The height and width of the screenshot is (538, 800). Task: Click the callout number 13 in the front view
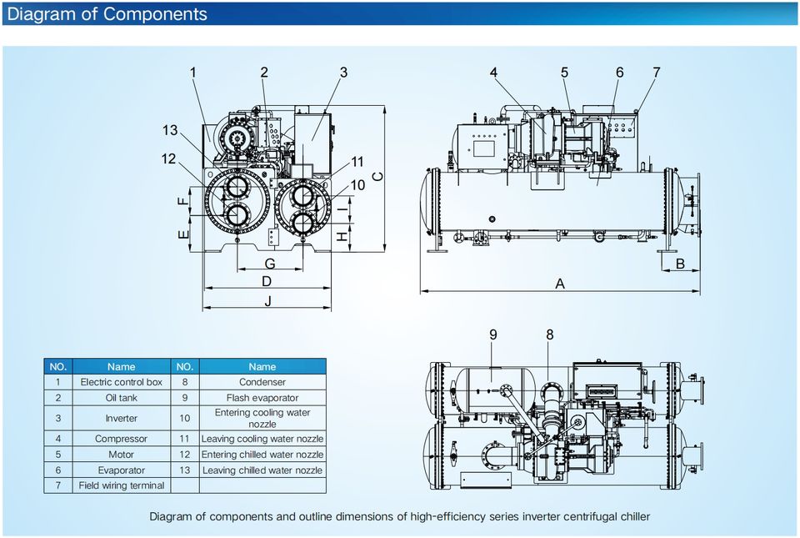(170, 130)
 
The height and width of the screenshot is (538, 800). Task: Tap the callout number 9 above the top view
(493, 334)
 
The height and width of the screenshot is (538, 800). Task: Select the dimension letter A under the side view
(560, 284)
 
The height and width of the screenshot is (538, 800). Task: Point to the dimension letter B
(680, 264)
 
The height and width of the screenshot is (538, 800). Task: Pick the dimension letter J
(267, 301)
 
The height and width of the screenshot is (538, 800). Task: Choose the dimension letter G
(270, 264)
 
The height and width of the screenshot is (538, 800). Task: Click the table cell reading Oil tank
(121, 398)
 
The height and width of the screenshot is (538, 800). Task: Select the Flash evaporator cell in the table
(262, 398)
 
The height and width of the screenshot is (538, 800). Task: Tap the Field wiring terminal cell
(121, 485)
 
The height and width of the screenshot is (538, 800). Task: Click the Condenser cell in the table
(262, 382)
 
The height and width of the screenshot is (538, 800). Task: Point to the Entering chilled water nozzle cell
(262, 455)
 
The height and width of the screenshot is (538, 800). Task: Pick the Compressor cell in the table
(121, 439)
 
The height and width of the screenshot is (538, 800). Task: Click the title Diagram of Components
(107, 14)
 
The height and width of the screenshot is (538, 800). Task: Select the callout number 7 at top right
(657, 73)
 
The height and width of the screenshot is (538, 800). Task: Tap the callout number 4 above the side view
(493, 73)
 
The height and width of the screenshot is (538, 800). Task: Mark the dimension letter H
(341, 237)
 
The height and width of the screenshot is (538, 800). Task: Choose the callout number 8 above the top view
(550, 334)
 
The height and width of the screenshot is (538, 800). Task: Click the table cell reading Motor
(121, 455)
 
